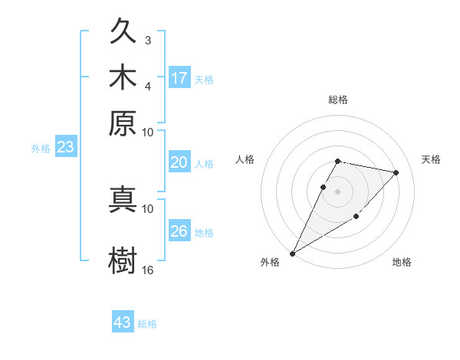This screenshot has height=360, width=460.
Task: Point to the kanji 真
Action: click(x=123, y=198)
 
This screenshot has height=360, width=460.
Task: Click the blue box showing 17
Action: click(x=179, y=77)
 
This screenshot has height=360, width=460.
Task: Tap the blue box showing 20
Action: click(x=179, y=162)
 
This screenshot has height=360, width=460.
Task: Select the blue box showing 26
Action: click(x=179, y=231)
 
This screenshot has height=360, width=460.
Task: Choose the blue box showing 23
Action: click(x=65, y=148)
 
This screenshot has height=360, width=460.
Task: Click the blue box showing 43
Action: click(x=123, y=322)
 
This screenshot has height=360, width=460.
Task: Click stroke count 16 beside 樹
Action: click(x=148, y=270)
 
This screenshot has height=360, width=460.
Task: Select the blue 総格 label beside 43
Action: click(x=147, y=324)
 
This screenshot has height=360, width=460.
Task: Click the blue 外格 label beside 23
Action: click(x=41, y=149)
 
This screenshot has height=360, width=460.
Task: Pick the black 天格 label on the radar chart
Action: click(x=431, y=159)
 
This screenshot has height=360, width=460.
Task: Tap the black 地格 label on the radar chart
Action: click(x=402, y=262)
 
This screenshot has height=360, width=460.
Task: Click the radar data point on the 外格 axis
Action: click(x=292, y=253)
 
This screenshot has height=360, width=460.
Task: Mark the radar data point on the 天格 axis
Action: click(x=396, y=172)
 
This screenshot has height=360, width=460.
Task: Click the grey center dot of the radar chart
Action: click(x=337, y=191)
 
